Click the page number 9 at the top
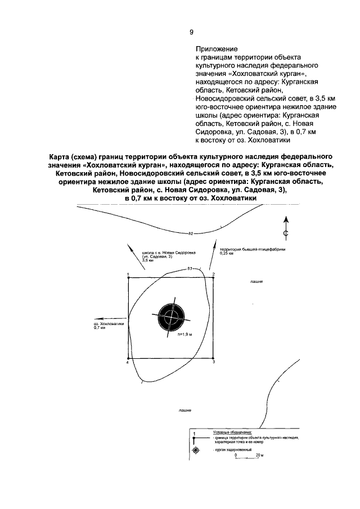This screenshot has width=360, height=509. tap(191, 32)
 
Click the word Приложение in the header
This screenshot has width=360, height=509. tap(217, 49)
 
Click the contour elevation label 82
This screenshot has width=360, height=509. tap(191, 233)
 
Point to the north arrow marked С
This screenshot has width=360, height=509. tap(285, 228)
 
